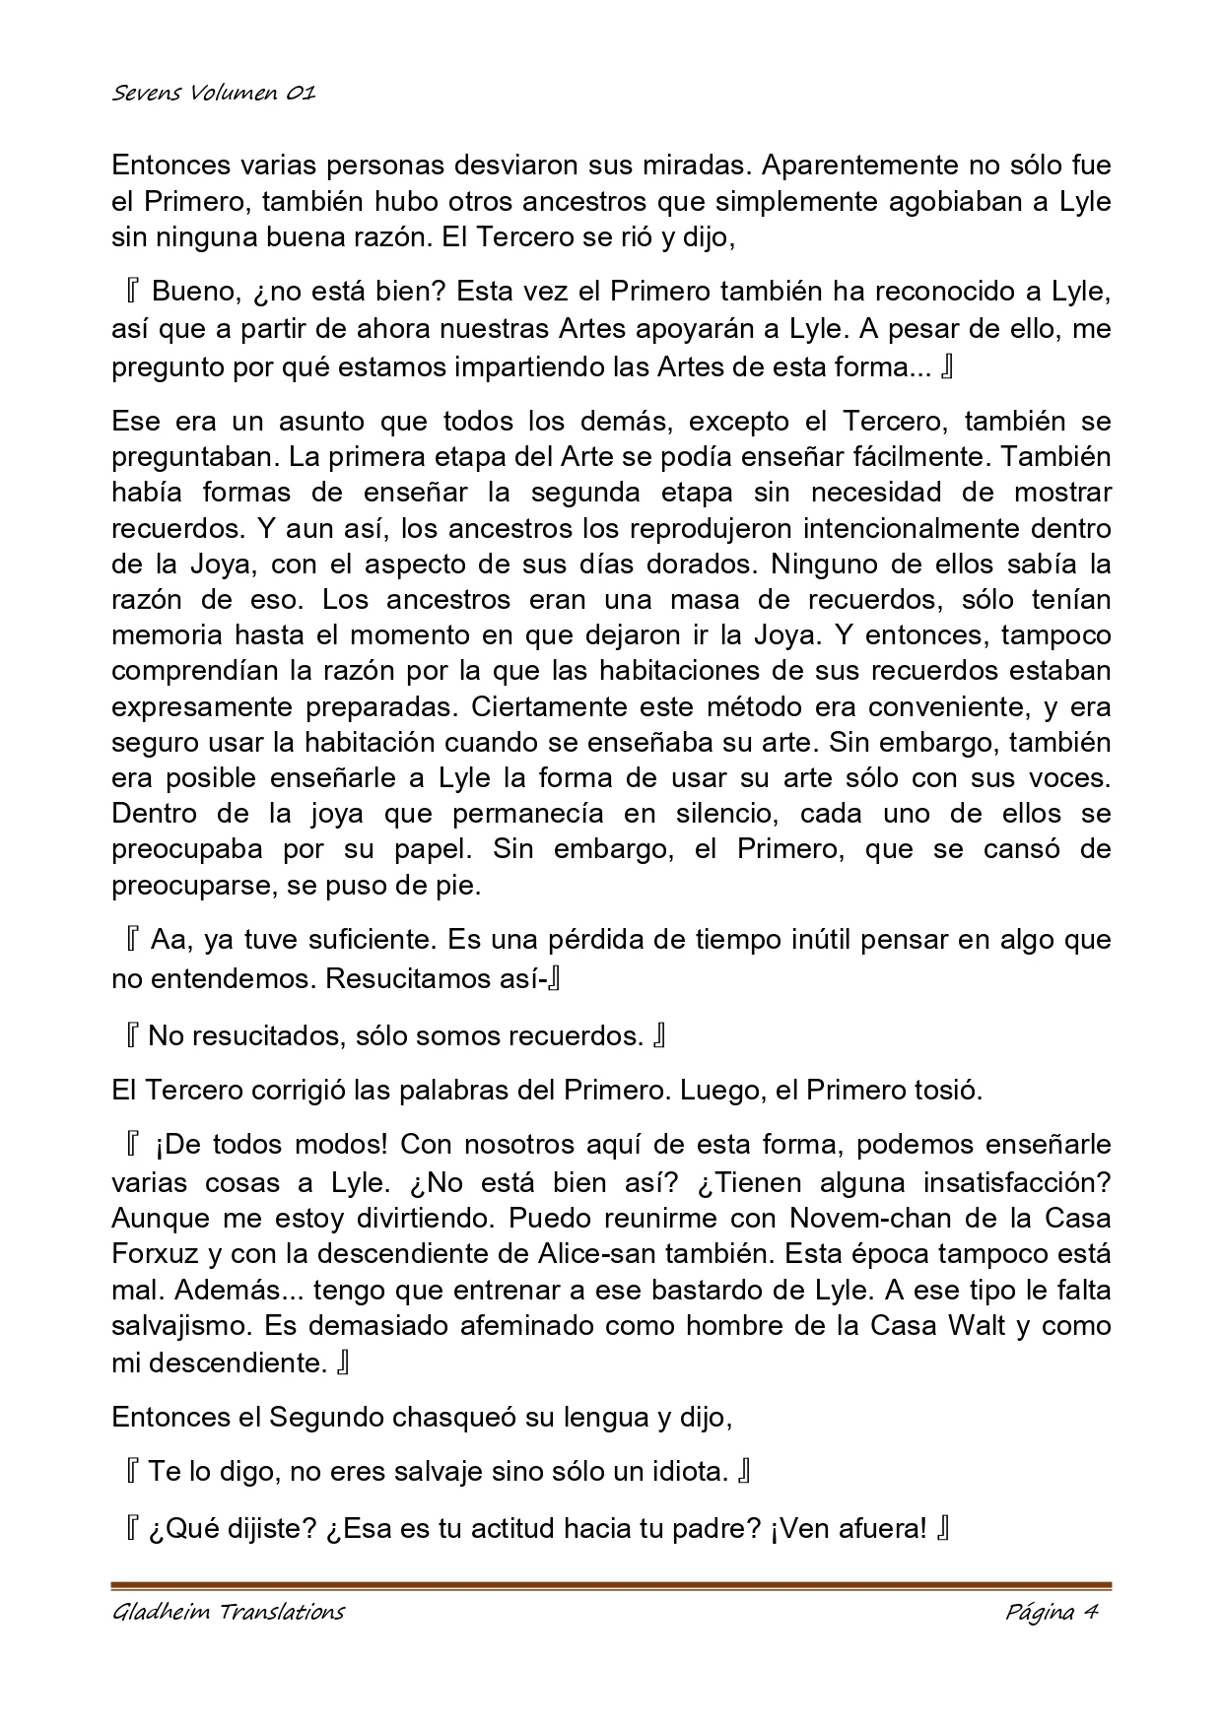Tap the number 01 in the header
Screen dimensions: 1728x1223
point(301,94)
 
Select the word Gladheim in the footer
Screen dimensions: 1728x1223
point(160,1613)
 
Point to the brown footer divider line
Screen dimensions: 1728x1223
point(611,1586)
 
